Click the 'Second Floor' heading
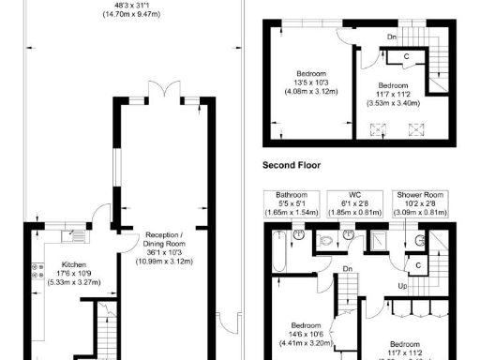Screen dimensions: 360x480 click(x=292, y=164)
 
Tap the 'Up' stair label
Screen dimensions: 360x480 click(x=403, y=285)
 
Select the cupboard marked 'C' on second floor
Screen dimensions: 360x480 click(x=405, y=57)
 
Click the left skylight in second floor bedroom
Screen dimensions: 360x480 click(x=382, y=130)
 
